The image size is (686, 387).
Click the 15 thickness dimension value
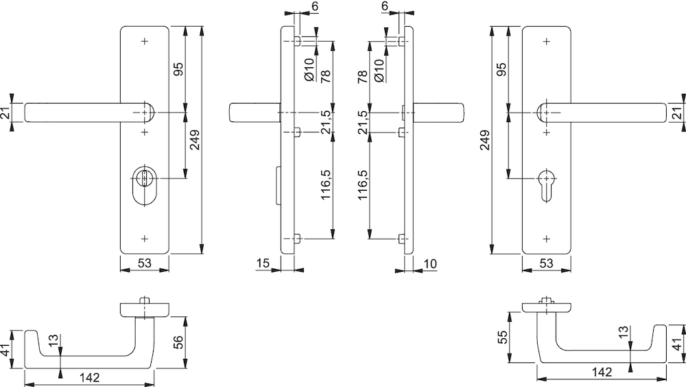pos(263,263)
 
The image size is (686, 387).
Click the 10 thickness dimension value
pos(431,264)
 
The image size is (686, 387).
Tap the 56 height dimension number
pos(179,342)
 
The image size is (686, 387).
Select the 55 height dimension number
pos(504,337)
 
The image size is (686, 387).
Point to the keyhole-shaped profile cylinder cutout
pos(546,185)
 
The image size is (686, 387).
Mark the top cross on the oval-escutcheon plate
pos(145,42)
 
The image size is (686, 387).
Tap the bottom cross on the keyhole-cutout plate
pos(546,239)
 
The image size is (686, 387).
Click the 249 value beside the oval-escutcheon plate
pos(195,140)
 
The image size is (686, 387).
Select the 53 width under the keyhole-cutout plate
pos(547,263)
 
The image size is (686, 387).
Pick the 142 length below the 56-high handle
pos(90,377)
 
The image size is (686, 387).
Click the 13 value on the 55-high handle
pos(624,332)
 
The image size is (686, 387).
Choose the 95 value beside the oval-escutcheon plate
pos(178,69)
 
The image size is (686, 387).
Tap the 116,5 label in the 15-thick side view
pos(327,185)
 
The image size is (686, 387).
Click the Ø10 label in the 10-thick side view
pos(379,70)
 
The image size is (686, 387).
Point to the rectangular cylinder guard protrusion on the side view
pos(279,185)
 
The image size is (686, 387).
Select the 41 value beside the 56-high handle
pos(5,350)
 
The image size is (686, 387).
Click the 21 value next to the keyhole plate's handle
pos(677,113)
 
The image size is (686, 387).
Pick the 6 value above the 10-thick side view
pos(385,6)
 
